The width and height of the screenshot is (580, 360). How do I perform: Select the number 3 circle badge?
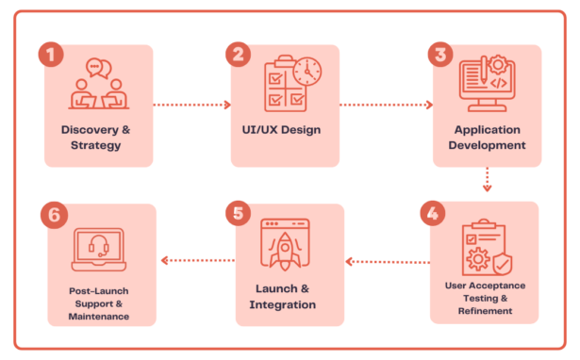(x=439, y=54)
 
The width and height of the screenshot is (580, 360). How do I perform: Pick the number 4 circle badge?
(x=433, y=212)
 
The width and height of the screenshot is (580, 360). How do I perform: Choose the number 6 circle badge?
(x=53, y=214)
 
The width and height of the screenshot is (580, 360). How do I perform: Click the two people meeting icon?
(x=98, y=85)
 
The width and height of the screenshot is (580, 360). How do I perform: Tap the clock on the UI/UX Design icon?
(x=307, y=71)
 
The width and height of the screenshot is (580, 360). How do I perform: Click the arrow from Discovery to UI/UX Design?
(x=192, y=105)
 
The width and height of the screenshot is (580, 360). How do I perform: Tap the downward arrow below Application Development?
(x=487, y=180)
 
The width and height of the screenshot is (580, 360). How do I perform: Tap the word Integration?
(x=283, y=304)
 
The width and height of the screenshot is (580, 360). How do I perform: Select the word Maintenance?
(x=98, y=317)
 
